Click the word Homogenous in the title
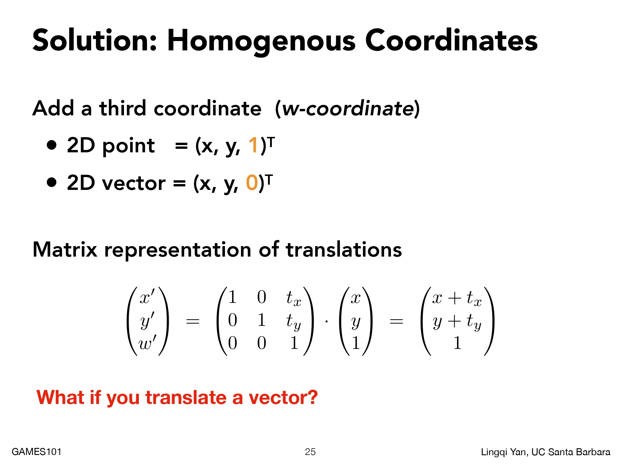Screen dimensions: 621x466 click(x=261, y=41)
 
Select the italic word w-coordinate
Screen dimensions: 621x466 click(x=348, y=108)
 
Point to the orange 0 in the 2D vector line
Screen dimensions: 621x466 click(x=252, y=183)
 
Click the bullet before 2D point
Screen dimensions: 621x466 click(x=52, y=145)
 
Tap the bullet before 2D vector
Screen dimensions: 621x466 click(x=52, y=182)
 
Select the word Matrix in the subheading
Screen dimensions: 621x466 click(x=65, y=250)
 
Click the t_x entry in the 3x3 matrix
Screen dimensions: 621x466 click(x=294, y=298)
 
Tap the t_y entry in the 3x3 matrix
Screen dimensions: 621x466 click(x=293, y=322)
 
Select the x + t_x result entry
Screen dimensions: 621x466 click(x=457, y=298)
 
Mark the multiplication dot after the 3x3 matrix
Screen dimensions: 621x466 click(x=327, y=322)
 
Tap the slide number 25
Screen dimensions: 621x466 click(x=310, y=452)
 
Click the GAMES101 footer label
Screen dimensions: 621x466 click(x=37, y=452)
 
